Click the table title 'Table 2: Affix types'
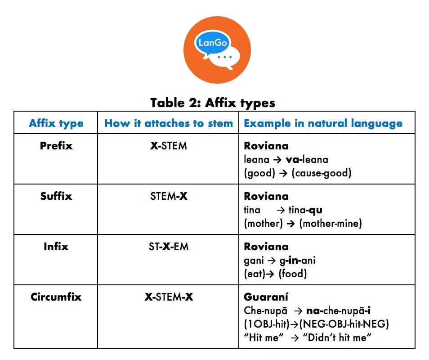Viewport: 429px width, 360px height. click(213, 103)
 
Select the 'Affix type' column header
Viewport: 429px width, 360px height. click(56, 123)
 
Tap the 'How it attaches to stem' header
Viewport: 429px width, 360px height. click(169, 123)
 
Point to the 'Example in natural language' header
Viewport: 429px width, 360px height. click(323, 123)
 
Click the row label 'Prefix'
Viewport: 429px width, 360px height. click(56, 146)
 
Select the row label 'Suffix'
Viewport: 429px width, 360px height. click(56, 196)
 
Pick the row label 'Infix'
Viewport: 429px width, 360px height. click(56, 247)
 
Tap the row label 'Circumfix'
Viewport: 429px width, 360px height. click(56, 297)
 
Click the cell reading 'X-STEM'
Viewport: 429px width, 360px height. click(169, 146)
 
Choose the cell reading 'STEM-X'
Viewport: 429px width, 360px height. click(169, 197)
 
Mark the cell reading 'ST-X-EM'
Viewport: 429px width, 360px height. click(169, 247)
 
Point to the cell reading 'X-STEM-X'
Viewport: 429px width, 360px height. click(169, 297)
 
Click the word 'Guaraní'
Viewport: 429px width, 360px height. click(263, 297)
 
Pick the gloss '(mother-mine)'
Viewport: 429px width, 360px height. click(330, 224)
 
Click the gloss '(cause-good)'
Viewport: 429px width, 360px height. click(322, 173)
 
